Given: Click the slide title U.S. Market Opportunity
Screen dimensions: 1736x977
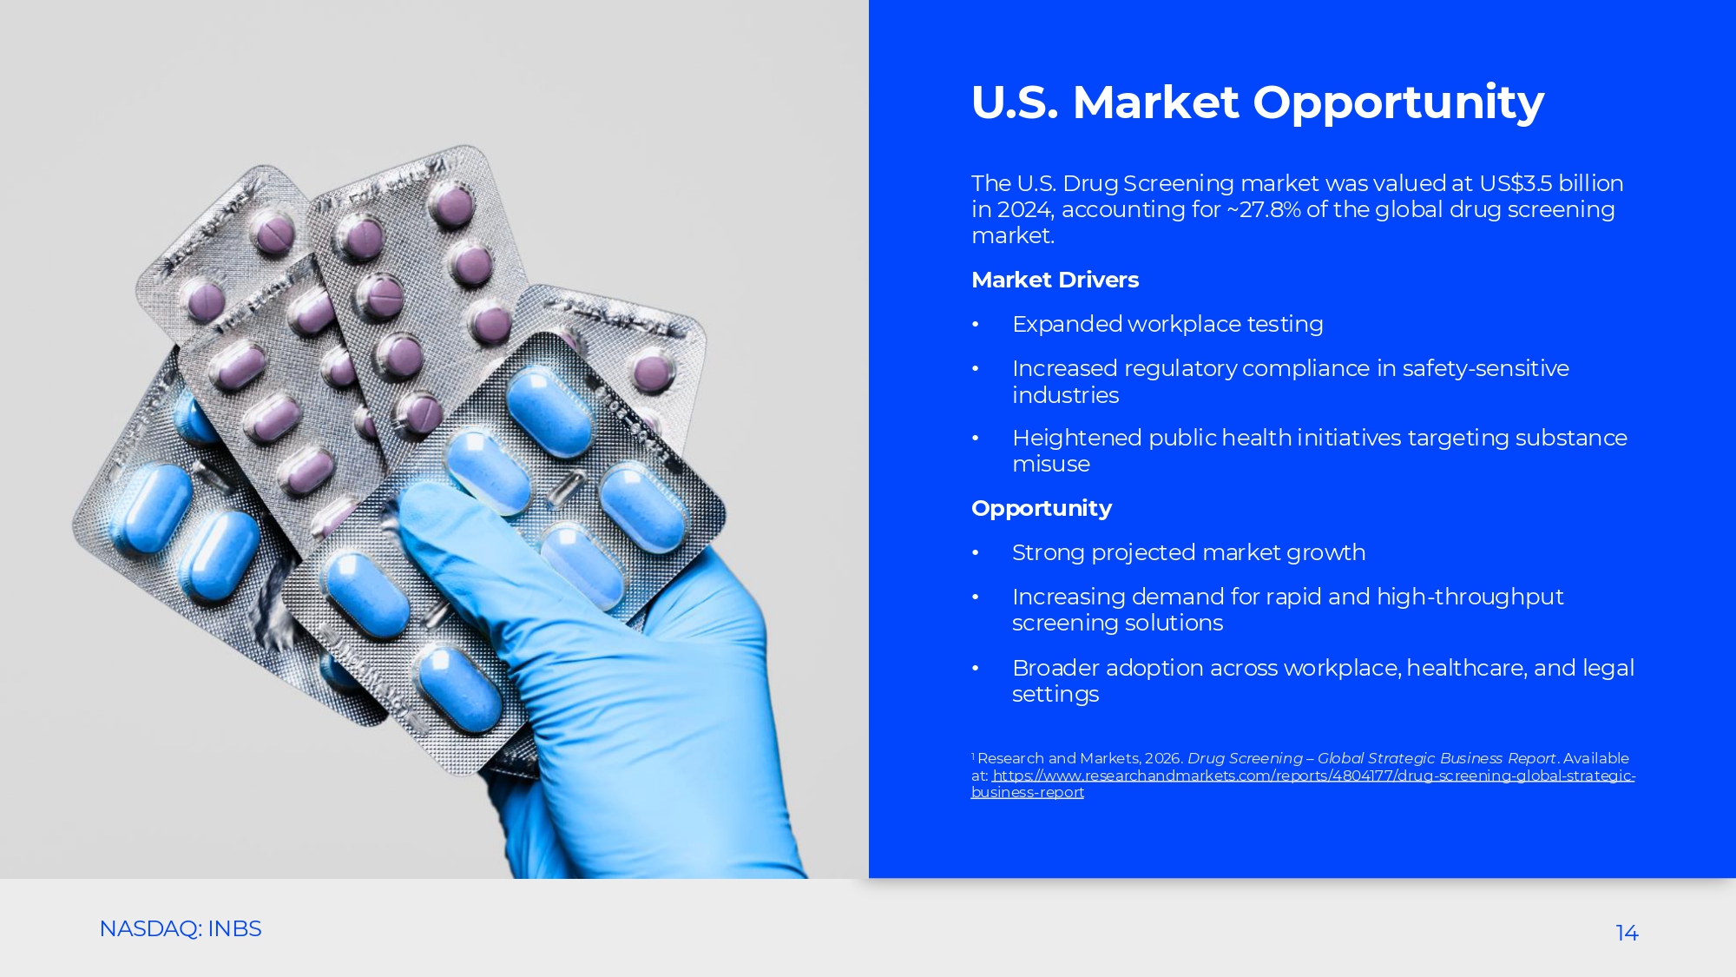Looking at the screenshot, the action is pyautogui.click(x=1258, y=102).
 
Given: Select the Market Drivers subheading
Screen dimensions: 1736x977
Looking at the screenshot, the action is pyautogui.click(x=1055, y=280).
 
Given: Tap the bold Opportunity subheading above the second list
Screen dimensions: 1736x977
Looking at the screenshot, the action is pyautogui.click(x=1042, y=509).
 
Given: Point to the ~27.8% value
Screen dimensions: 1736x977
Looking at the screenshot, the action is pyautogui.click(x=1263, y=209).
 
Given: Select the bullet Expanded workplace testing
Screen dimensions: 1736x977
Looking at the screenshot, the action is pyautogui.click(x=1167, y=325).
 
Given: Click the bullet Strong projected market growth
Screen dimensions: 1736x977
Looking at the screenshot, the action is pyautogui.click(x=1188, y=553).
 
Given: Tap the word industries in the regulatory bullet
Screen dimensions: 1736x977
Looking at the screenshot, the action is pyautogui.click(x=1065, y=395).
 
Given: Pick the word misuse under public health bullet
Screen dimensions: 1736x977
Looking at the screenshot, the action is pyautogui.click(x=1051, y=464).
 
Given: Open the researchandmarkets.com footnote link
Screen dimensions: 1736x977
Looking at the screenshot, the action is pyautogui.click(x=1303, y=783).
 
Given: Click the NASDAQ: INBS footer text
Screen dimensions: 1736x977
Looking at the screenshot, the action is pyautogui.click(x=181, y=928).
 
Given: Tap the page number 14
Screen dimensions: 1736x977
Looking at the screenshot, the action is pyautogui.click(x=1627, y=933).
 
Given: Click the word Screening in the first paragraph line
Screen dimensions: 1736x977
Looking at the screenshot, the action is pyautogui.click(x=1178, y=184).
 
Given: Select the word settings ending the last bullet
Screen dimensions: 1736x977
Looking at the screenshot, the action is pyautogui.click(x=1055, y=695).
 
